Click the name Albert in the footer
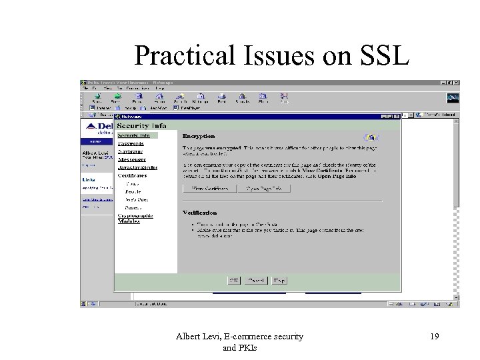pyautogui.click(x=190, y=337)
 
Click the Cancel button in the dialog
pyautogui.click(x=256, y=281)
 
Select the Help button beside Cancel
pyautogui.click(x=279, y=281)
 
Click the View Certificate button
pyautogui.click(x=210, y=189)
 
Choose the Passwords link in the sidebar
pyautogui.click(x=131, y=143)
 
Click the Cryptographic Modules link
pyautogui.click(x=135, y=217)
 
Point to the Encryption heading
pyautogui.click(x=199, y=136)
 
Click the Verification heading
pyautogui.click(x=201, y=213)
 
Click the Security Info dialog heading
pyautogui.click(x=141, y=125)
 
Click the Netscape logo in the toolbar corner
pyautogui.click(x=453, y=98)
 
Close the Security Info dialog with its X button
pyautogui.click(x=397, y=116)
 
